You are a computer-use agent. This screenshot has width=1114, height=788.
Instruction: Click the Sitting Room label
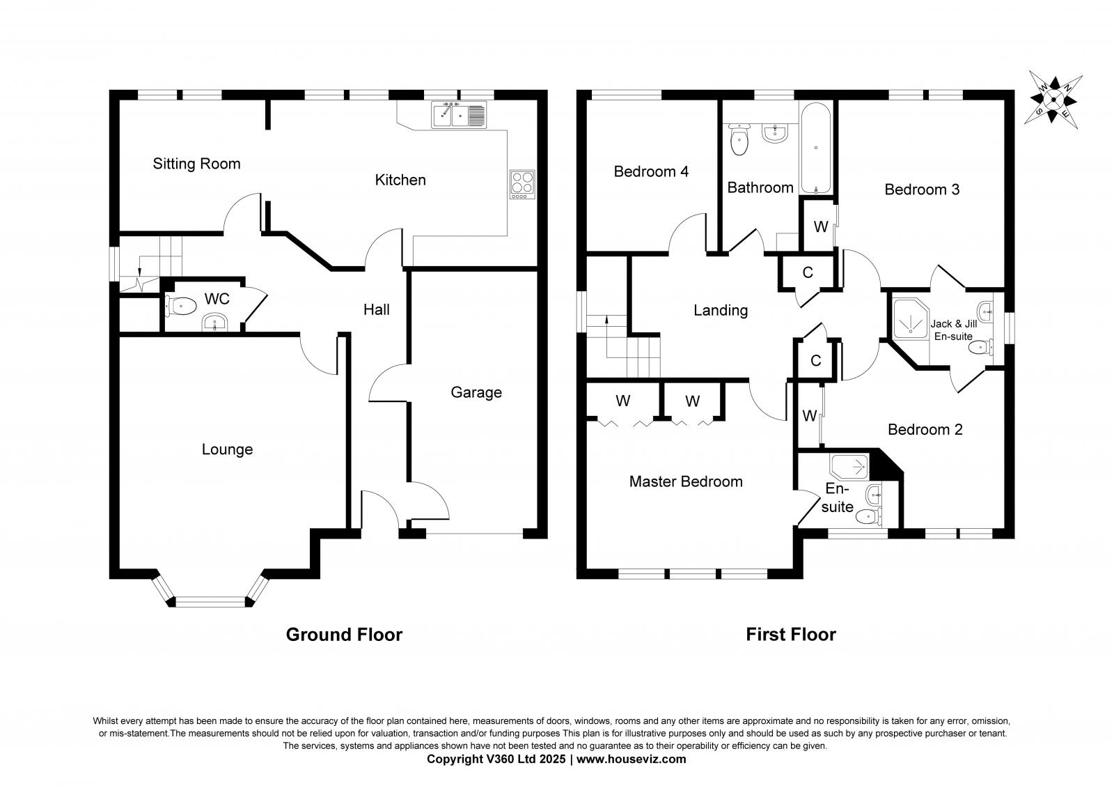(x=196, y=164)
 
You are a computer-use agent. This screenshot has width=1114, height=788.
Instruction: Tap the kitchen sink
(x=459, y=115)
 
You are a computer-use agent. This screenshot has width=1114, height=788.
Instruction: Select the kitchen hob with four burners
(x=522, y=185)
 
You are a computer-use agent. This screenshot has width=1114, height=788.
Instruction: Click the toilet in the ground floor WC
(x=182, y=306)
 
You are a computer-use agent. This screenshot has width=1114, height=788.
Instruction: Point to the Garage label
(x=476, y=393)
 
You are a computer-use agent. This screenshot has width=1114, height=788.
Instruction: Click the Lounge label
(x=227, y=449)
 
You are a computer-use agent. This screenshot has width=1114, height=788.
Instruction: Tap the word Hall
(x=377, y=309)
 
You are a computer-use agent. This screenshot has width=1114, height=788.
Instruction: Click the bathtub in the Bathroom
(x=815, y=148)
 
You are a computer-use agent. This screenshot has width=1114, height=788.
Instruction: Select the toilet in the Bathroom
(x=739, y=139)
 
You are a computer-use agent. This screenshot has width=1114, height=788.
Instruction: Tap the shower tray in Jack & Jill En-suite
(x=911, y=318)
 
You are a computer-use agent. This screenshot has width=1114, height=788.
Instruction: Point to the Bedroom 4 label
(x=651, y=171)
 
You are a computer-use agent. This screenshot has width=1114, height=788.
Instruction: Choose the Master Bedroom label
(x=686, y=481)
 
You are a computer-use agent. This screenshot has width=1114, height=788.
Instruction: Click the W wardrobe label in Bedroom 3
(x=821, y=227)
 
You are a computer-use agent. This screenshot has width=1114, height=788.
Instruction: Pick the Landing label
(x=721, y=311)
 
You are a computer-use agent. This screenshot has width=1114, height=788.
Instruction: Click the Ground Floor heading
(x=344, y=635)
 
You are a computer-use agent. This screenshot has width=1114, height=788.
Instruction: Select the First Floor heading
(x=791, y=635)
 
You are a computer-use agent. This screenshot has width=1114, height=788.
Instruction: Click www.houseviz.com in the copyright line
(x=631, y=759)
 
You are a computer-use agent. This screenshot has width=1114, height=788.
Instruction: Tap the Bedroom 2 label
(x=925, y=430)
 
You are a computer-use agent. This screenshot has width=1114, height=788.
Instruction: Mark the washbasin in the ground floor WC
(x=215, y=323)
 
